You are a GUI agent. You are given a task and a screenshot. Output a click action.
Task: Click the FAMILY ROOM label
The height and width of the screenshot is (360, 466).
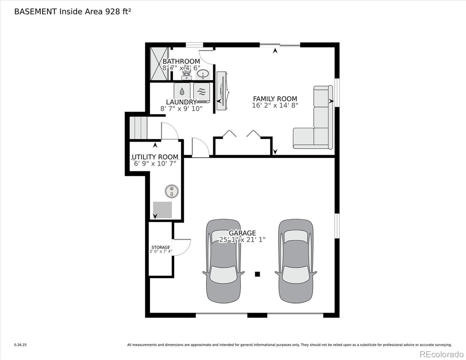(275, 99)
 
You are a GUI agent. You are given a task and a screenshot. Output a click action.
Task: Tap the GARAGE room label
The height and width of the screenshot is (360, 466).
(242, 233)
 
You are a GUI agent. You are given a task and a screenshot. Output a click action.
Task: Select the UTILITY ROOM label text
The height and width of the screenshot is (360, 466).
(155, 157)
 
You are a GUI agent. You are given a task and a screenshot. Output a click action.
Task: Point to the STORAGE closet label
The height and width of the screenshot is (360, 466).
(161, 247)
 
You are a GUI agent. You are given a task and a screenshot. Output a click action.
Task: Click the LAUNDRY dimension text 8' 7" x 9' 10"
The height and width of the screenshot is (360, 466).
(182, 109)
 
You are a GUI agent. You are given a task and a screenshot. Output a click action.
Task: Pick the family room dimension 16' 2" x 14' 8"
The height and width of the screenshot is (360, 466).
(275, 106)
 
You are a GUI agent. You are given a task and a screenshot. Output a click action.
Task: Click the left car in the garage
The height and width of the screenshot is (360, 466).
(224, 261)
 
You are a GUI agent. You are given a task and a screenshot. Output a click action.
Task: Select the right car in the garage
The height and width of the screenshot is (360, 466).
(296, 261)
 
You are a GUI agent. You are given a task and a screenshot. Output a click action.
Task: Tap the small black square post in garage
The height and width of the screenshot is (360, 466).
(257, 274)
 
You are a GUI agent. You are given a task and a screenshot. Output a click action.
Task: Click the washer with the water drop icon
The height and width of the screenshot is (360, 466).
(182, 92)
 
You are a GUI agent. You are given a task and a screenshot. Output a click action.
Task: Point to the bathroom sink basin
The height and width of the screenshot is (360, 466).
(203, 74)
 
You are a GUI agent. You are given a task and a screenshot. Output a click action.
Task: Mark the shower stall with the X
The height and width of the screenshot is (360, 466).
(159, 64)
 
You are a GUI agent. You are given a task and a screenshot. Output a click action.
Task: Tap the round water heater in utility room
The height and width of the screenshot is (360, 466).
(172, 191)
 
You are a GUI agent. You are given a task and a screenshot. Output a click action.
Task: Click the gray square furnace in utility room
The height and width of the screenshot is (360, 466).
(162, 210)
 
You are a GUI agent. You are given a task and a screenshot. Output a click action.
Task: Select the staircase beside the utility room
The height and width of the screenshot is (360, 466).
(138, 128)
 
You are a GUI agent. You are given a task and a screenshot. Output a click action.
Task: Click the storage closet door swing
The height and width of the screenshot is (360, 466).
(182, 247)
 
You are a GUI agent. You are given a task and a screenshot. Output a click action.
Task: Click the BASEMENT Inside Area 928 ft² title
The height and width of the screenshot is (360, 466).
(73, 12)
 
